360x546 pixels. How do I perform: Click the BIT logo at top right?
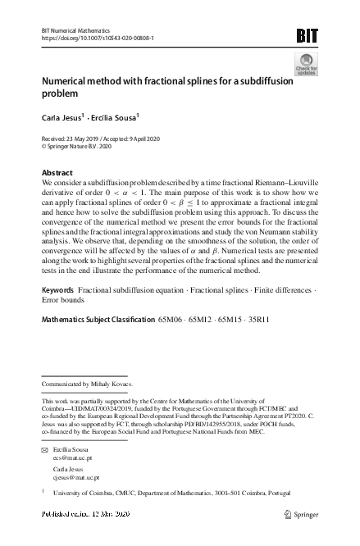(306, 34)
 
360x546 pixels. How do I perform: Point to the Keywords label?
(57, 291)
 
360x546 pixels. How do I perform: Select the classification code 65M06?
(171, 319)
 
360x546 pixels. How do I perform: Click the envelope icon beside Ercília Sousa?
(44, 452)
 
